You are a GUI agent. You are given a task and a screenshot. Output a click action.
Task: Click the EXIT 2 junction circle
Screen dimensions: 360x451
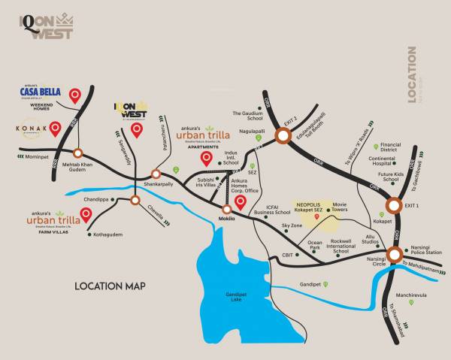click(283, 135)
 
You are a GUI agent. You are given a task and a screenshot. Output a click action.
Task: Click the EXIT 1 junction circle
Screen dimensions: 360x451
click(394, 205)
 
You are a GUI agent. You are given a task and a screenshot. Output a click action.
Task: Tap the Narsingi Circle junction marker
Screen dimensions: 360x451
click(394, 254)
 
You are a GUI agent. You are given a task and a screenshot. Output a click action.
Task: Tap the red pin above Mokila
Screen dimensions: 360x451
click(241, 201)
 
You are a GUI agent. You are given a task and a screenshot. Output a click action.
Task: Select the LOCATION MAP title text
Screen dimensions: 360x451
click(110, 286)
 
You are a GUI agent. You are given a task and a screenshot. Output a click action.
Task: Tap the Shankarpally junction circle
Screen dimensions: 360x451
click(156, 174)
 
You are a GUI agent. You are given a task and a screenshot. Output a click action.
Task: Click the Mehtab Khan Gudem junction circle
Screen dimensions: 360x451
click(78, 150)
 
